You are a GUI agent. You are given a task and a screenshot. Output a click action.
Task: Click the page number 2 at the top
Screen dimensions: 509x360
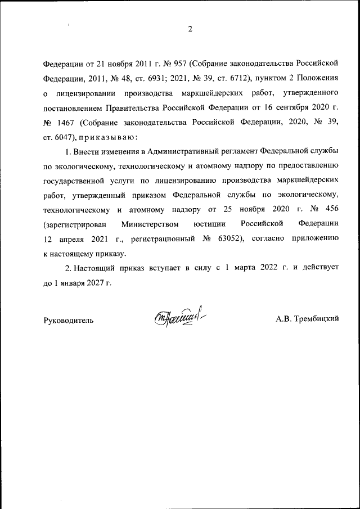point(190,29)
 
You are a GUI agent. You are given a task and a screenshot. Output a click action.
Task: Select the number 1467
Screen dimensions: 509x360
point(66,121)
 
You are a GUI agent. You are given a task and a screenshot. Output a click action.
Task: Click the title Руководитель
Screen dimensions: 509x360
point(69,320)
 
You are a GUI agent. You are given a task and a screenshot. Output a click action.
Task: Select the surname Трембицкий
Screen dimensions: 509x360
point(307,319)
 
